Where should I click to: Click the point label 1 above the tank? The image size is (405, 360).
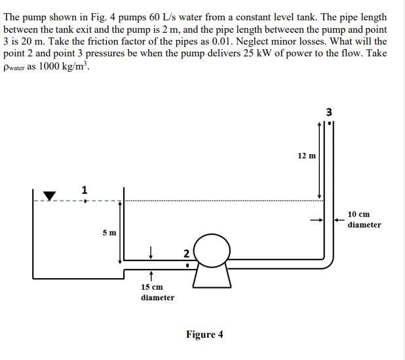pyautogui.click(x=84, y=190)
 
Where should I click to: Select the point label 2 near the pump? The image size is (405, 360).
pyautogui.click(x=186, y=254)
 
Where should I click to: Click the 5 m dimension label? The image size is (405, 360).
pyautogui.click(x=109, y=232)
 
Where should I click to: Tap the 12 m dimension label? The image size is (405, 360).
pyautogui.click(x=307, y=155)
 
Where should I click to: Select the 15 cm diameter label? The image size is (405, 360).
pyautogui.click(x=157, y=292)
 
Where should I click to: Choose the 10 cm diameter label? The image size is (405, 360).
pyautogui.click(x=364, y=220)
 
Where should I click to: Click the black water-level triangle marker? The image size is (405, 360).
pyautogui.click(x=50, y=195)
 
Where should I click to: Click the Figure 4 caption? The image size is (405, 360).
pyautogui.click(x=204, y=334)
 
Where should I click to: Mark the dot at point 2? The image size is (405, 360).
pyautogui.click(x=187, y=266)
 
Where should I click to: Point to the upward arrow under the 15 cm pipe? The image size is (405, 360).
pyautogui.click(x=151, y=275)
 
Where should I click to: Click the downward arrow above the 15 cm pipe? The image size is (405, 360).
pyautogui.click(x=151, y=250)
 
